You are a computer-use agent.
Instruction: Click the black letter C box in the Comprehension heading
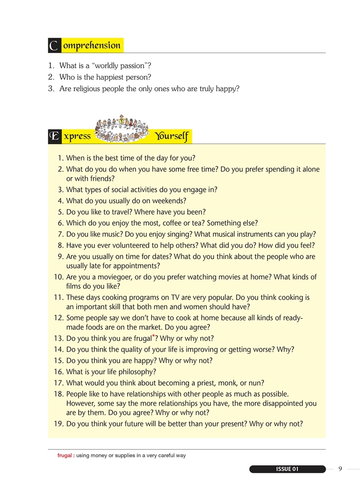(x=54, y=46)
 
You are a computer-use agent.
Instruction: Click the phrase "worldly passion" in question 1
(x=112, y=65)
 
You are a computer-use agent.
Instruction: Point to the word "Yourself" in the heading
(x=172, y=136)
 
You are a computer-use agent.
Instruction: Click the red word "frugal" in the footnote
(x=64, y=456)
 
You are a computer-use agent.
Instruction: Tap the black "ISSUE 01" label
(x=288, y=469)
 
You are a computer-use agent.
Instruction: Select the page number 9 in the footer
(x=340, y=469)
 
